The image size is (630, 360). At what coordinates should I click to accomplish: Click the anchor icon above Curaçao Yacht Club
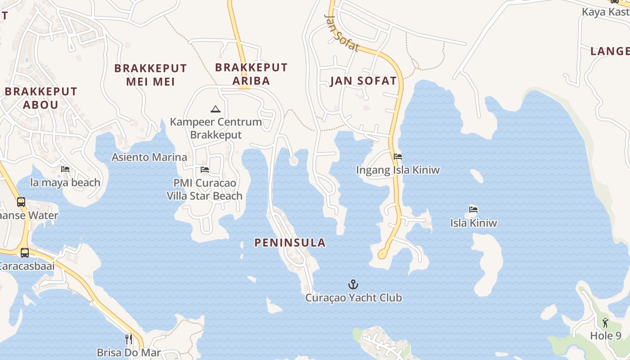tap(353, 284)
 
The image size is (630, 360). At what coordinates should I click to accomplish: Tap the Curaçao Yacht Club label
tap(353, 298)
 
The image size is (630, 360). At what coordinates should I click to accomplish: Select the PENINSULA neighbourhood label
tap(290, 243)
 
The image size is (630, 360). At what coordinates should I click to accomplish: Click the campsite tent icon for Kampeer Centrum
tap(216, 109)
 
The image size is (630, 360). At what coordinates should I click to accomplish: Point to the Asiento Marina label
tap(149, 157)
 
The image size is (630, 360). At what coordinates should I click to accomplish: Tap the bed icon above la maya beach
tap(65, 170)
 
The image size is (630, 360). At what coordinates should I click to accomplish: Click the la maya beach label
tap(65, 183)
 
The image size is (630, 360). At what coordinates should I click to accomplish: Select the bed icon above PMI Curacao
tap(205, 170)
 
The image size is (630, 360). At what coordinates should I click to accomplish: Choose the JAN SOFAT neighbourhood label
tap(363, 81)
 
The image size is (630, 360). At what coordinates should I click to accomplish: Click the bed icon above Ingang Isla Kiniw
tap(398, 157)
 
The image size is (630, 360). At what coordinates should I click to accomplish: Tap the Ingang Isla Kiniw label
tap(398, 170)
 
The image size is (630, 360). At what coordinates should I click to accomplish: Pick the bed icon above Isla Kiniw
tap(473, 209)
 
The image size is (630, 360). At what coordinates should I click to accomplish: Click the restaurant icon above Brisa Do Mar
tap(129, 338)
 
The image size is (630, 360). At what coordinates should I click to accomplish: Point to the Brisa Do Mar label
tap(129, 352)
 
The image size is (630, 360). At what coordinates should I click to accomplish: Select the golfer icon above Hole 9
tap(605, 323)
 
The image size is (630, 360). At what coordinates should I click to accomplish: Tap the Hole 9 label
tap(606, 336)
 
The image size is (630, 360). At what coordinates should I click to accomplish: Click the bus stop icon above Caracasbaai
tap(25, 252)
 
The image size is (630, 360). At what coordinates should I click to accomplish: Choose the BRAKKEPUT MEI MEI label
tap(150, 75)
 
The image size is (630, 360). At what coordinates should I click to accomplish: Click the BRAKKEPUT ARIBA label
tap(251, 74)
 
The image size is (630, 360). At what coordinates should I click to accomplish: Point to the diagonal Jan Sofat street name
tap(342, 33)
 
